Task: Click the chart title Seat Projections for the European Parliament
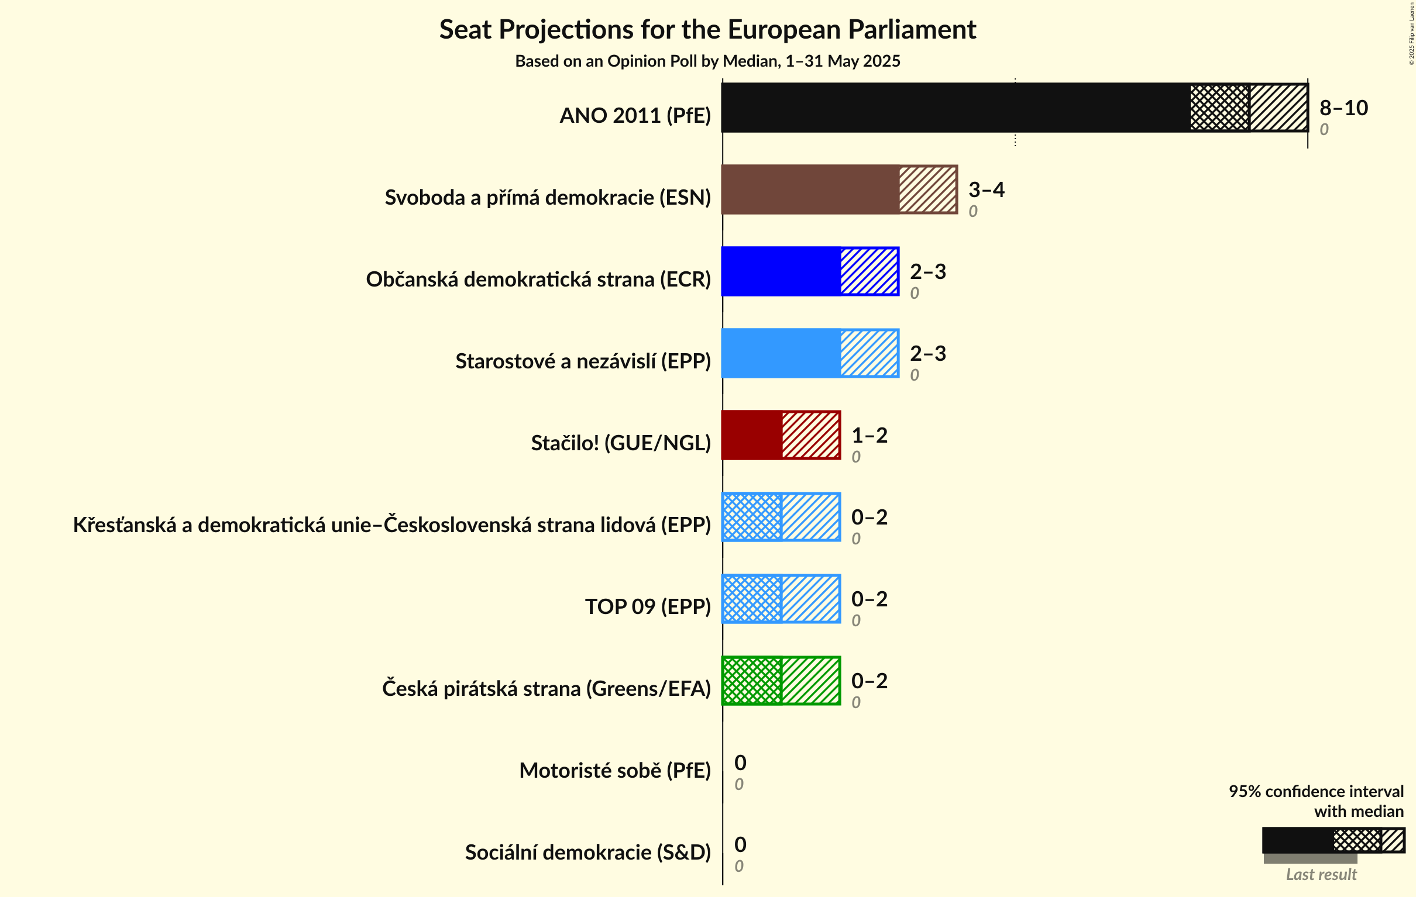tap(707, 29)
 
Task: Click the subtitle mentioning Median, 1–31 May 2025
tap(707, 61)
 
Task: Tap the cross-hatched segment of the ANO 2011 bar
tap(1219, 108)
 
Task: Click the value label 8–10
tap(1343, 108)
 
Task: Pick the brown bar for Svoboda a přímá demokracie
tap(810, 189)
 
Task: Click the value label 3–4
tap(986, 189)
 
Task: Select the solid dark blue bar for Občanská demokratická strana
tap(781, 271)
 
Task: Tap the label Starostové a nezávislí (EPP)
tap(583, 361)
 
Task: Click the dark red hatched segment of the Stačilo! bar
tap(810, 435)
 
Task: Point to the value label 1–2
tap(869, 435)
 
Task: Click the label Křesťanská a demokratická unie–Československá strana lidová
tap(391, 525)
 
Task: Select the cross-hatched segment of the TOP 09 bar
tap(752, 598)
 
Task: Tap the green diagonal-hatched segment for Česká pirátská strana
tap(810, 680)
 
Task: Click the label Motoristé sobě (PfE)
tap(614, 770)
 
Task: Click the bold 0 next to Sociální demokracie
tap(740, 844)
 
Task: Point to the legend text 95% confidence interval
tap(1315, 791)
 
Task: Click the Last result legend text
tap(1321, 875)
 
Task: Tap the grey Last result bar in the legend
tap(1310, 859)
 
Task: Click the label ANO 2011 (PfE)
tap(634, 115)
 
